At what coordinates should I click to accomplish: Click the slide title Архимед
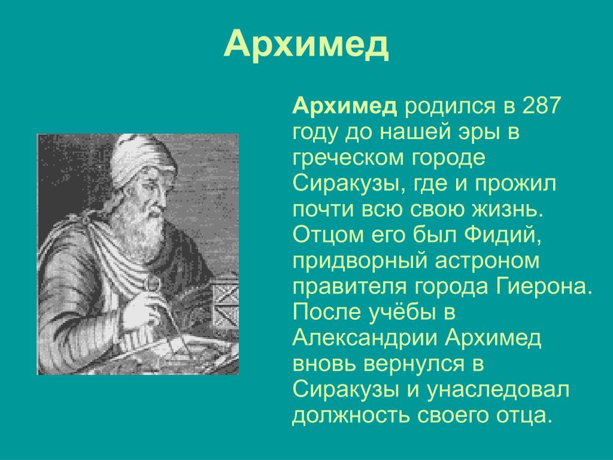(306, 44)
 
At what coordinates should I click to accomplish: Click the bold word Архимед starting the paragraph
(344, 106)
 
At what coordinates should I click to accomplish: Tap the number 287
(542, 105)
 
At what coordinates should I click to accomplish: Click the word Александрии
(365, 338)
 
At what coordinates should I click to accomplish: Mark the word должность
(351, 416)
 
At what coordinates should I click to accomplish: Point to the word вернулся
(414, 365)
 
